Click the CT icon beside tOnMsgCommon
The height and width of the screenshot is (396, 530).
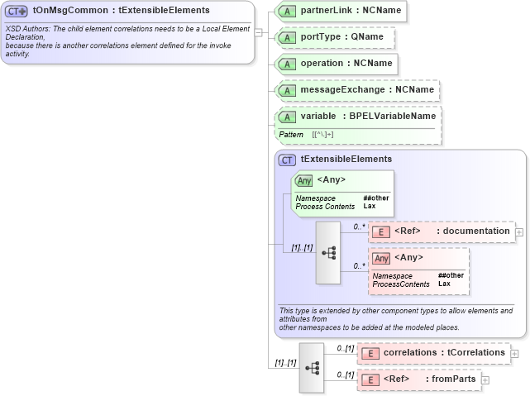[17, 12]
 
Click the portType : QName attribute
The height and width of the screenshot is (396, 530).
[334, 38]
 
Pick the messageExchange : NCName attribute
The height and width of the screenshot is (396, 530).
[356, 90]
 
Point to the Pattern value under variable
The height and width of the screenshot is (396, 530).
[323, 134]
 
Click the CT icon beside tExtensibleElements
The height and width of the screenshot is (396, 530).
[288, 160]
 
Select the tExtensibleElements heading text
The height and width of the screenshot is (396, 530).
[346, 160]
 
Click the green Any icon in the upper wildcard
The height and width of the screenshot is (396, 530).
[303, 180]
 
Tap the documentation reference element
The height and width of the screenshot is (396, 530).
[441, 231]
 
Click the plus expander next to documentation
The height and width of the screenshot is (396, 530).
[519, 232]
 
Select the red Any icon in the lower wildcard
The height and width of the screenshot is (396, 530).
[381, 258]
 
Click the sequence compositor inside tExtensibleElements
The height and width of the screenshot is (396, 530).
[327, 246]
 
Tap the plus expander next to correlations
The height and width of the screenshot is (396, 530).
[515, 353]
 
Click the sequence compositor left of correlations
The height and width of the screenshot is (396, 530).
[312, 366]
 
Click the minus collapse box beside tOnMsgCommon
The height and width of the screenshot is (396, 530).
[259, 33]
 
